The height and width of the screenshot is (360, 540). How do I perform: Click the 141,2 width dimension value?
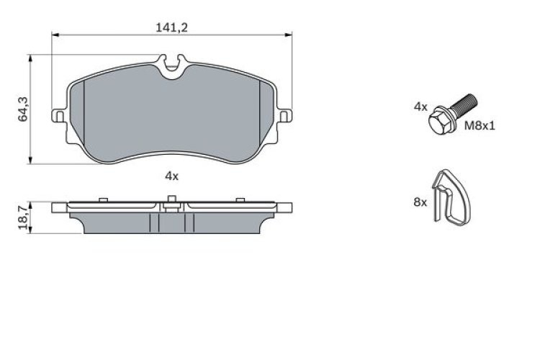pos(172,27)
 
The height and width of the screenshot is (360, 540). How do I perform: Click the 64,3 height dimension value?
pos(23,109)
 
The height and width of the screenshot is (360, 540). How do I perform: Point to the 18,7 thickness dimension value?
pos(23,217)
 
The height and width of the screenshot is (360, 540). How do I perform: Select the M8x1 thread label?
pos(480,125)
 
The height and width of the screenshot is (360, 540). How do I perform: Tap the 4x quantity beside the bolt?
pos(420,107)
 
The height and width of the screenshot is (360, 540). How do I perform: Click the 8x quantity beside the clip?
pos(420,203)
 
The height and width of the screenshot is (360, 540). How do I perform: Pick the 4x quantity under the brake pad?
pos(171,175)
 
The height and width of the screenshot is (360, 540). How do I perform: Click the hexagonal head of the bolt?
pos(439,124)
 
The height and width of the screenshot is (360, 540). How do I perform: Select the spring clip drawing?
pos(452,197)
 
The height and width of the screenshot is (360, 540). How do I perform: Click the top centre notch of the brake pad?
pos(172,68)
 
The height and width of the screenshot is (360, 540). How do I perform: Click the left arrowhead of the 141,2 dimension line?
pos(55,35)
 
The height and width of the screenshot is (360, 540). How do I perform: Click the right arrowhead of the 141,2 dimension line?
pos(289,35)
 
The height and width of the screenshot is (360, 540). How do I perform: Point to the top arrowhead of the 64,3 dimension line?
pos(30,58)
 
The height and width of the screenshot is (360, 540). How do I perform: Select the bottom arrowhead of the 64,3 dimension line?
pos(30,161)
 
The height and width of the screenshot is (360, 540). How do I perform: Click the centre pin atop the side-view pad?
pos(172,204)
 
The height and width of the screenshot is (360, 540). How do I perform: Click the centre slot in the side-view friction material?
pos(172,223)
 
